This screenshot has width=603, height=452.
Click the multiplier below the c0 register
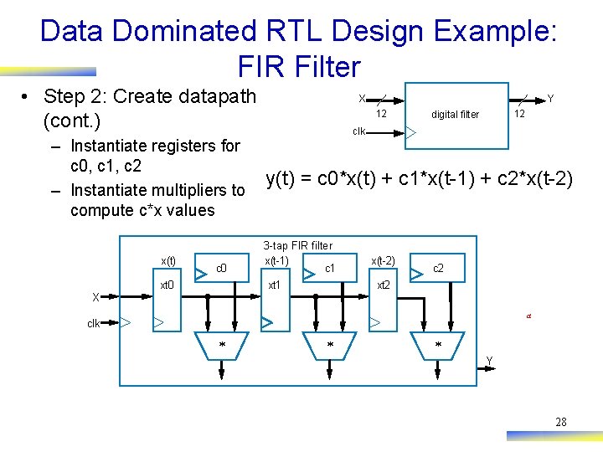pos(222,345)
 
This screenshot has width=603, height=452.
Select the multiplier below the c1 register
pos(330,345)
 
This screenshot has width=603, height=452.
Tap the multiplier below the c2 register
pos(437,345)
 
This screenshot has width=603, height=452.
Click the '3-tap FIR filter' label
pos(297,246)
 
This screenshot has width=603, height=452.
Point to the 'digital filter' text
pos(455,115)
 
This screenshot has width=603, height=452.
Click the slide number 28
pos(560,422)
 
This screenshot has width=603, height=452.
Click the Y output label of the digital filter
pos(550,99)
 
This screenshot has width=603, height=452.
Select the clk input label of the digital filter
pos(358,131)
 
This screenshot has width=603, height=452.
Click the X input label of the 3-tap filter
pos(95,297)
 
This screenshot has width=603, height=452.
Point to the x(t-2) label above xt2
pos(383,260)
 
